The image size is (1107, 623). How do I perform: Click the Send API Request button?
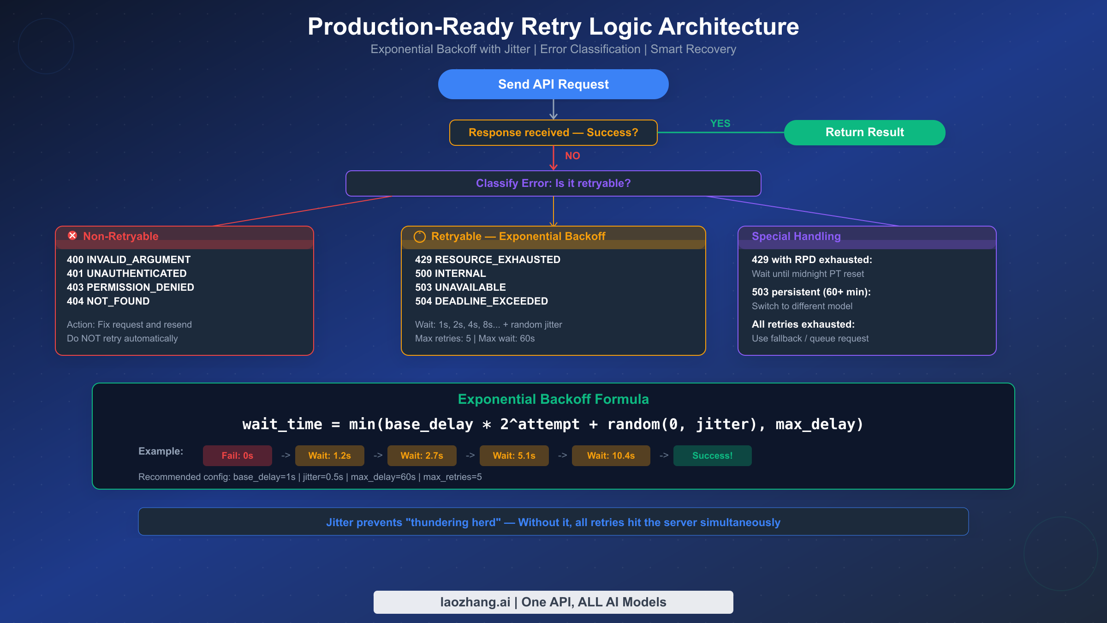tap(553, 84)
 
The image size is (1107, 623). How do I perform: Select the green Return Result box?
tap(864, 132)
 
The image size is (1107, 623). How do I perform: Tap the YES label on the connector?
tap(720, 124)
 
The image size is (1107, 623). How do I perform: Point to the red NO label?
tap(572, 156)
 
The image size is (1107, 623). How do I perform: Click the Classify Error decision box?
tap(553, 183)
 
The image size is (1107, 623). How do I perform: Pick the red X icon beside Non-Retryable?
tap(72, 236)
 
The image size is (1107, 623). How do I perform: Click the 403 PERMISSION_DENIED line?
tap(130, 287)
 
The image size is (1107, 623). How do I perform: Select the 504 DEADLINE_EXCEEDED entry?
tap(481, 301)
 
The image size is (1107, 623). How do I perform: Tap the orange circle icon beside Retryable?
tap(419, 237)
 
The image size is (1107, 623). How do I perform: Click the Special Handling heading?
tap(796, 236)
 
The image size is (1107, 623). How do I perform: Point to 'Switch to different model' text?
tap(802, 306)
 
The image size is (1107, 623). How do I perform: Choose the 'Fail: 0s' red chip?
tap(237, 455)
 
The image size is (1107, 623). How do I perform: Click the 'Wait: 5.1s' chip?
tap(514, 455)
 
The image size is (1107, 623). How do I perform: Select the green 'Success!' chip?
tap(712, 455)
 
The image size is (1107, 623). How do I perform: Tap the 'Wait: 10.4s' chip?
tap(611, 455)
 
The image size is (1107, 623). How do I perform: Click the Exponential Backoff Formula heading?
tap(553, 399)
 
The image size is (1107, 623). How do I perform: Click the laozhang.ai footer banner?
tap(553, 602)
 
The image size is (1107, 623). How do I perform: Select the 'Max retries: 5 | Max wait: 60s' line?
tap(475, 338)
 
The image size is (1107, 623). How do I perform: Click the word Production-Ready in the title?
tap(410, 27)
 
